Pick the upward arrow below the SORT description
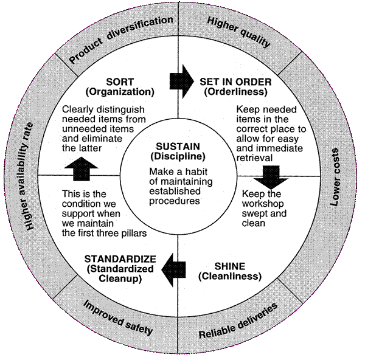(85, 169)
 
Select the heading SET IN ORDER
(235, 81)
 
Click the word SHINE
(229, 266)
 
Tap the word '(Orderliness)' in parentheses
(235, 92)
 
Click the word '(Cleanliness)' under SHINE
(229, 277)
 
